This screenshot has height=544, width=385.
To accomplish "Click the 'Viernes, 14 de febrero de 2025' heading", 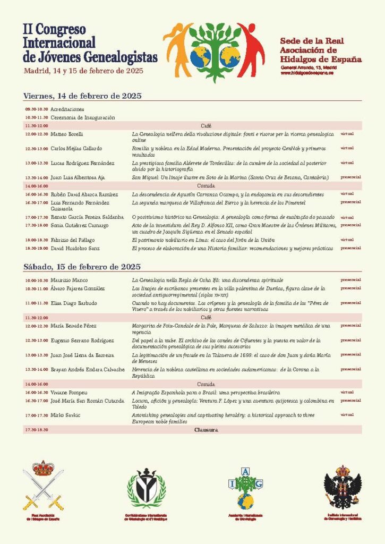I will [82, 96].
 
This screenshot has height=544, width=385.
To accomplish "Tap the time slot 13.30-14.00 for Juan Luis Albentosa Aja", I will [36, 177].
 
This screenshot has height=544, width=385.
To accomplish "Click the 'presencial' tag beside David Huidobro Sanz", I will [350, 248].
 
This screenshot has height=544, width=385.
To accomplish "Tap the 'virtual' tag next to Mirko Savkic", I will [347, 414].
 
